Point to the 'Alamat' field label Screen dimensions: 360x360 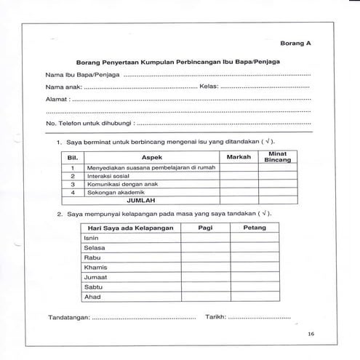[x=58, y=98]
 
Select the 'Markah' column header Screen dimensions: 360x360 [x=239, y=156]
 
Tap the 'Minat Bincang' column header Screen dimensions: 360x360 [x=277, y=156]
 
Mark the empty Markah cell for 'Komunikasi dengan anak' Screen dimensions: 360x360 [x=239, y=184]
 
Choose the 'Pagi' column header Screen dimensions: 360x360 [x=205, y=228]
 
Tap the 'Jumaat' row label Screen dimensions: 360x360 [x=96, y=277]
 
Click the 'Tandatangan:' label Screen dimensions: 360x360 [x=68, y=318]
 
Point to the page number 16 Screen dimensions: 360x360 [x=311, y=334]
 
